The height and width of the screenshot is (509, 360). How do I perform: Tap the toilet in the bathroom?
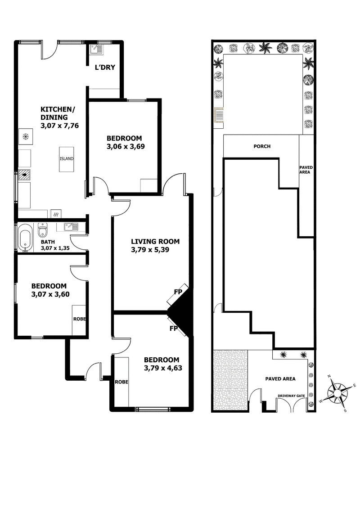click(43, 230)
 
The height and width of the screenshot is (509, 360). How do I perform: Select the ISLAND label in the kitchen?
click(66, 159)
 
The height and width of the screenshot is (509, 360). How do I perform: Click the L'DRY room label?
click(104, 68)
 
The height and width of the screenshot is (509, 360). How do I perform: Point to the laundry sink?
click(97, 49)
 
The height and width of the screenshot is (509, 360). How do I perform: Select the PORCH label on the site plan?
click(261, 146)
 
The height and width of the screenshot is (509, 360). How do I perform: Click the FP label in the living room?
click(178, 292)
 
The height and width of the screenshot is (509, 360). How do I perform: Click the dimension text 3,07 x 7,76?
click(59, 126)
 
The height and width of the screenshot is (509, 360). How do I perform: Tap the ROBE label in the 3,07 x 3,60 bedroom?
click(79, 319)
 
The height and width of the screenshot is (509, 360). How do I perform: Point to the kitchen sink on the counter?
click(24, 175)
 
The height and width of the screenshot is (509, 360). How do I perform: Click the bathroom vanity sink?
click(71, 227)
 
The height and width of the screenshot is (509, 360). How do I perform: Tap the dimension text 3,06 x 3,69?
click(125, 146)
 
